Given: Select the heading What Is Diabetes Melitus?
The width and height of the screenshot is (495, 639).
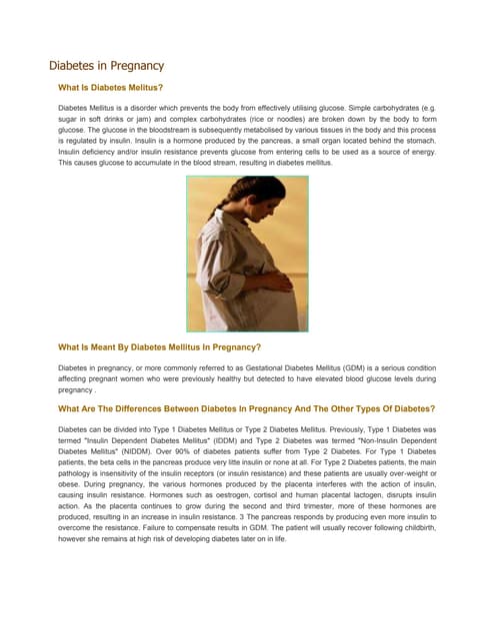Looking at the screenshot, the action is (111, 88).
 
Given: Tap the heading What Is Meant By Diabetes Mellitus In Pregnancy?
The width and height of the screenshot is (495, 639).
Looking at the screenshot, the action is (160, 347).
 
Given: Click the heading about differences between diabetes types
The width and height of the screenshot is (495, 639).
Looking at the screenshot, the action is (247, 408).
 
